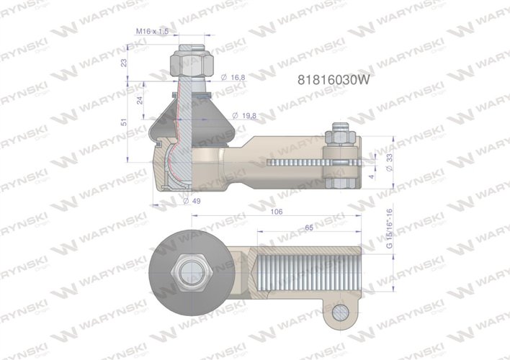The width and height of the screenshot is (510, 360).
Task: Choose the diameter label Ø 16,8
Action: [234, 77]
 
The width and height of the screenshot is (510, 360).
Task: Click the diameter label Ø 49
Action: [191, 201]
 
